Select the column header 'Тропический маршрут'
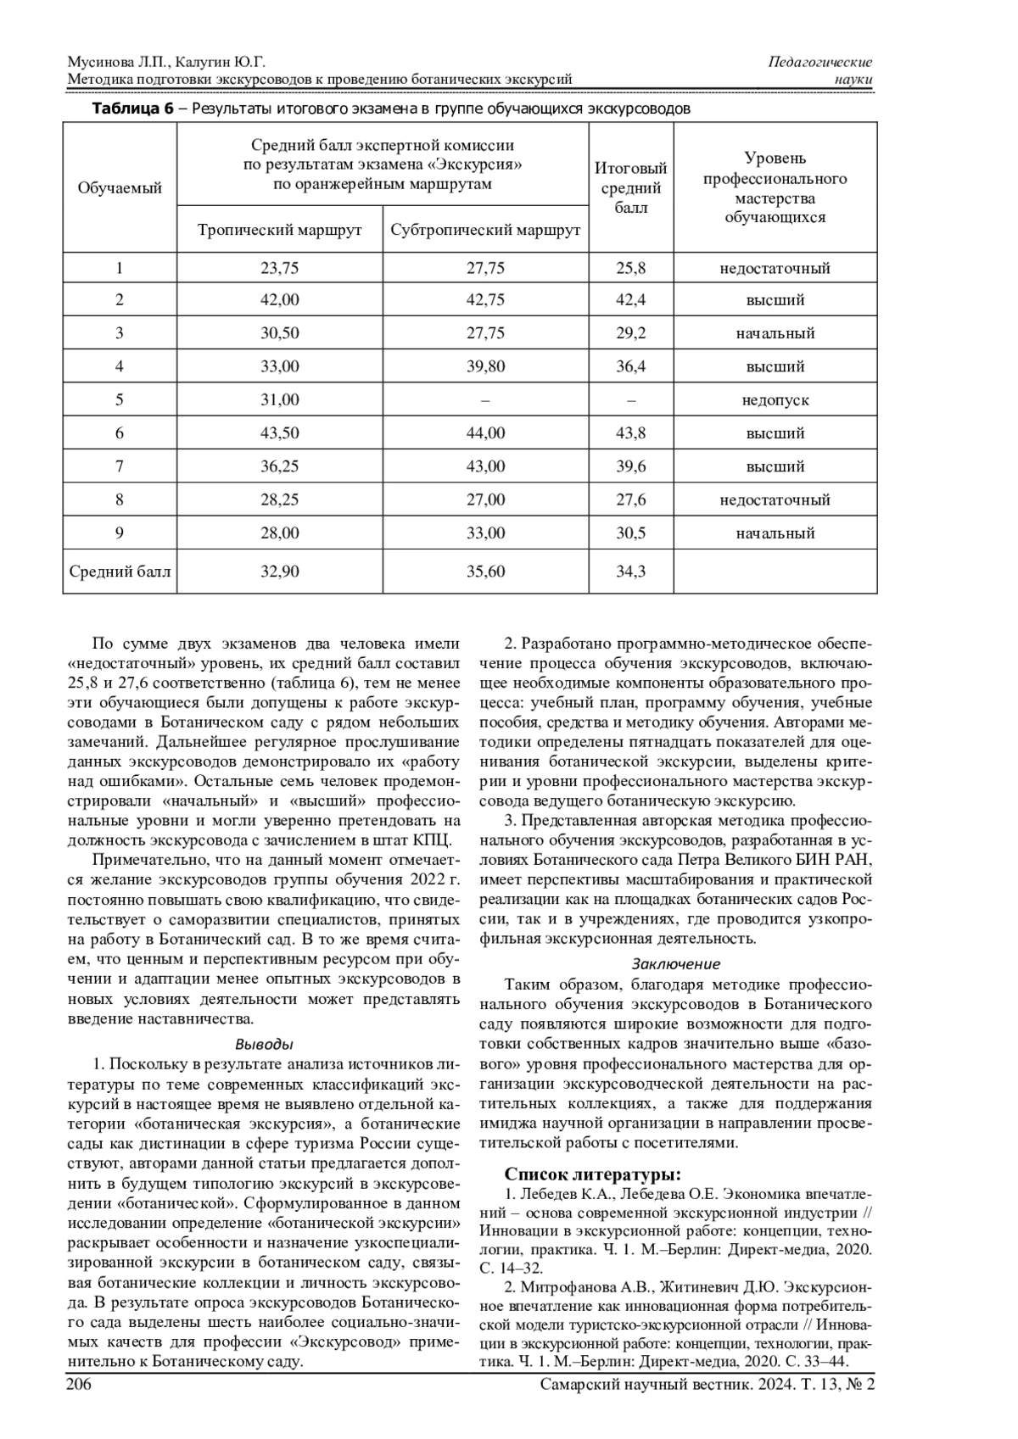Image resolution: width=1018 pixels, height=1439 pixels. [x=279, y=231]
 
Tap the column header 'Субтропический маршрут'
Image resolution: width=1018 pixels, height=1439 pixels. [x=485, y=231]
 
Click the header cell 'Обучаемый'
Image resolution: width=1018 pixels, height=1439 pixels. [x=120, y=187]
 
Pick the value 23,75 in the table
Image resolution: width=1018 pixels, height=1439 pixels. [x=279, y=269]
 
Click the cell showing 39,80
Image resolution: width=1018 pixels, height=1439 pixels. [x=485, y=367]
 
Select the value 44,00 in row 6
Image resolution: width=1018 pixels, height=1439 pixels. [x=485, y=433]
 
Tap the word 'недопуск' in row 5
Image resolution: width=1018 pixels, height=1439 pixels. [x=775, y=400]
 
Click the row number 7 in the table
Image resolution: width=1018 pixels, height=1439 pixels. [x=120, y=466]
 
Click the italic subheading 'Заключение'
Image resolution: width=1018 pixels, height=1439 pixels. [x=675, y=964]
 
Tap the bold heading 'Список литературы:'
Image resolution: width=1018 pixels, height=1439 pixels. [x=592, y=1174]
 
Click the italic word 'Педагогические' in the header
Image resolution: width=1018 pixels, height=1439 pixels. [x=819, y=62]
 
